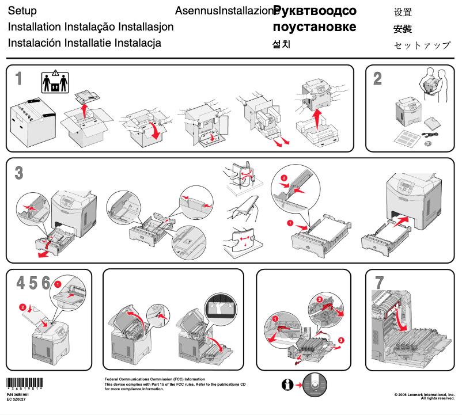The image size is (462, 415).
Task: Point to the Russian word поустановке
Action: point(314,27)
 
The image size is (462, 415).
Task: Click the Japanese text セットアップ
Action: point(422,45)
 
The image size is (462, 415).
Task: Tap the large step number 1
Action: point(19,79)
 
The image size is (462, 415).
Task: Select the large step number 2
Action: point(377,79)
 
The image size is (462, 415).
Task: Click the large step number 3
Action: point(19,172)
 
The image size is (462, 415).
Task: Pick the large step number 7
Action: point(379,283)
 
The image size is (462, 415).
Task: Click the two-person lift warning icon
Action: point(55,82)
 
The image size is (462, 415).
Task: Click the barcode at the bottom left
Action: point(23,383)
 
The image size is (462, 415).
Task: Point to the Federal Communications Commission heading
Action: point(154,379)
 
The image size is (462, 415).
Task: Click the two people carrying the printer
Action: point(432,81)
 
